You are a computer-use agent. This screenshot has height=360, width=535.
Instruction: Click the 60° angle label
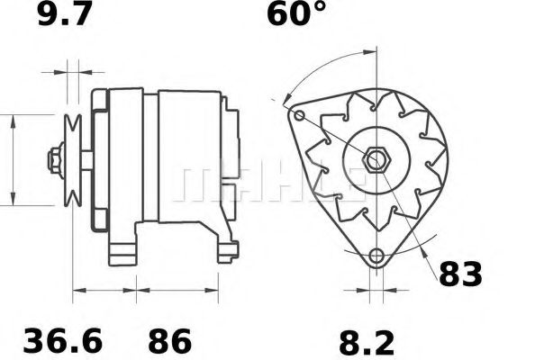pos(295,15)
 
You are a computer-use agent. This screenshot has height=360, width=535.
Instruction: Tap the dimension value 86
pos(169,342)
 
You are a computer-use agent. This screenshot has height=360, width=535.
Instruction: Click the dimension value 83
pos(460,274)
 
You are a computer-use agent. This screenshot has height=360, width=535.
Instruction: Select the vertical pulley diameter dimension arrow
pos(13,160)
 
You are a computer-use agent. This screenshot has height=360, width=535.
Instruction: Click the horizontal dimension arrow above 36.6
pos(104,291)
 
